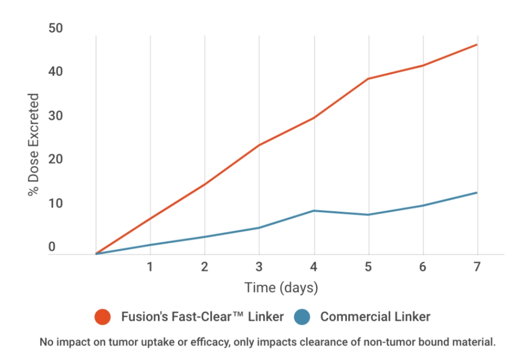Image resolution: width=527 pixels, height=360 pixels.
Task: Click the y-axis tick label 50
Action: pyautogui.click(x=56, y=28)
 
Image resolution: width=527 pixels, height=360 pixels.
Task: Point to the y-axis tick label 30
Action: pyautogui.click(x=56, y=116)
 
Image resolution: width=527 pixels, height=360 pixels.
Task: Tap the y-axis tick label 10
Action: pyautogui.click(x=56, y=203)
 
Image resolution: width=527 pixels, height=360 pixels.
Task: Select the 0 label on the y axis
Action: pyautogui.click(x=52, y=247)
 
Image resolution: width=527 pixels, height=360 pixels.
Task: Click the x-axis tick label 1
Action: pyautogui.click(x=150, y=267)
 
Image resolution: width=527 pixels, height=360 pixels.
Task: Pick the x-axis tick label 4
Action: pyautogui.click(x=314, y=267)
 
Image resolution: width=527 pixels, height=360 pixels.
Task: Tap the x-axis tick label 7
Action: pyautogui.click(x=477, y=267)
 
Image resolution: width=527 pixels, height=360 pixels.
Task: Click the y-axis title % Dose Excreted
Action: pyautogui.click(x=33, y=145)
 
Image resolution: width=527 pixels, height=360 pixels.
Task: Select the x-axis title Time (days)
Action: pyautogui.click(x=281, y=287)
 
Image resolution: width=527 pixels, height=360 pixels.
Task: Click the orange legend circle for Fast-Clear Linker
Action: pyautogui.click(x=103, y=317)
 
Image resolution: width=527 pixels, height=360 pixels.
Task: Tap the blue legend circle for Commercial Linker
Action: pyautogui.click(x=302, y=317)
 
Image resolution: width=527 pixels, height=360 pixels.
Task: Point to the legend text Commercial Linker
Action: pyautogui.click(x=375, y=317)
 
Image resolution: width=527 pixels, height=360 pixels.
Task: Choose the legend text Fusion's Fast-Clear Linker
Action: pyautogui.click(x=202, y=317)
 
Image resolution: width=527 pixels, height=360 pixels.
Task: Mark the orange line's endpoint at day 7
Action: pyautogui.click(x=477, y=45)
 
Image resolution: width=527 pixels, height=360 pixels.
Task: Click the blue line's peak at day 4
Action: pyautogui.click(x=314, y=211)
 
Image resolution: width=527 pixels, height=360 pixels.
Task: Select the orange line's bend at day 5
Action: pyautogui.click(x=368, y=79)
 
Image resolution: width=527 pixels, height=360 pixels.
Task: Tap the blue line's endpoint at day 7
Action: pyautogui.click(x=477, y=193)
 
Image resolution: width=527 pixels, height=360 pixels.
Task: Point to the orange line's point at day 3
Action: pyautogui.click(x=259, y=145)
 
